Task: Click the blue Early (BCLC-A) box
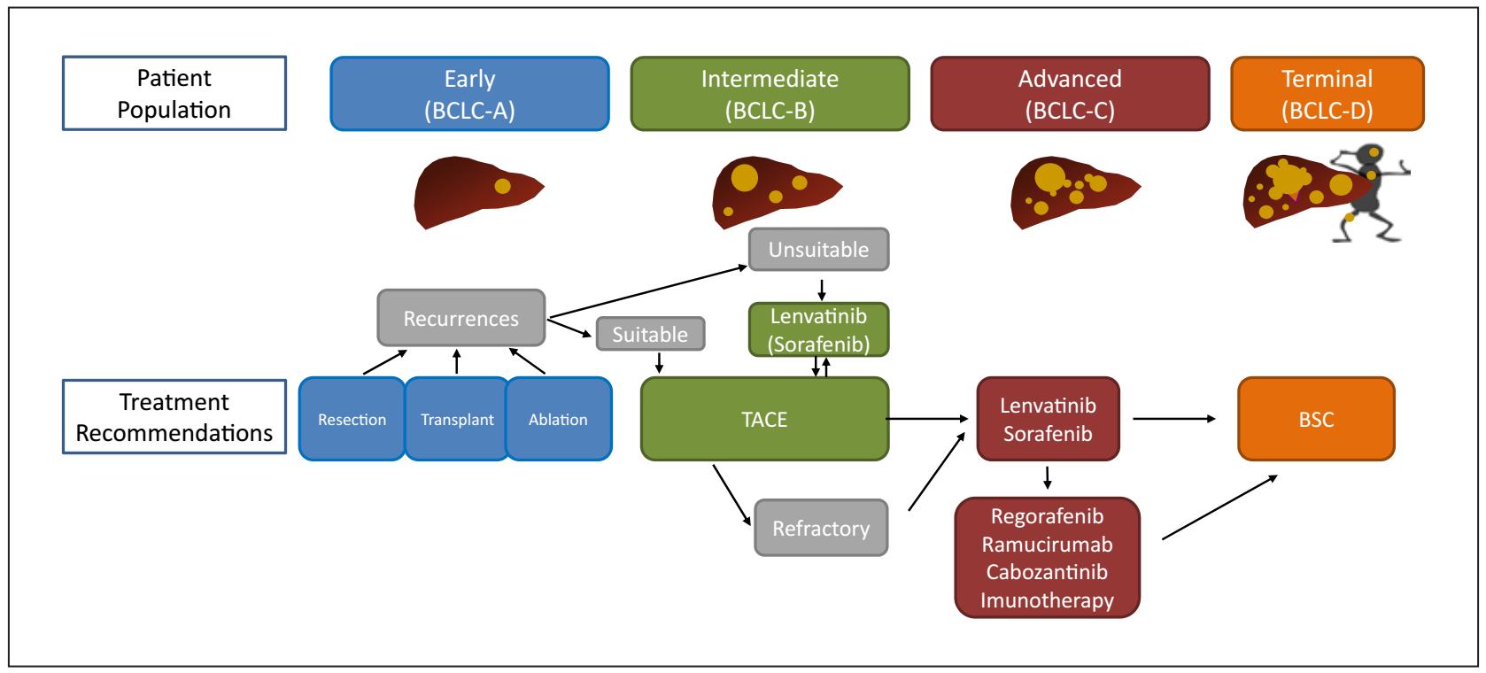coord(469,94)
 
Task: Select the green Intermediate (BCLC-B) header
coord(770,94)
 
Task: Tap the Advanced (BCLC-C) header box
coord(1070,94)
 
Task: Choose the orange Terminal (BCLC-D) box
coord(1327,94)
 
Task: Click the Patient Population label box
coord(174,94)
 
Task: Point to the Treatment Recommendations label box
coord(174,417)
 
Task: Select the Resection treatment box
coord(352,419)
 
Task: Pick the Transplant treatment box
coord(457,419)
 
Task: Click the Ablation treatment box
coord(558,419)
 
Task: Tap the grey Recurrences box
coord(461,318)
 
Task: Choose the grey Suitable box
coord(651,334)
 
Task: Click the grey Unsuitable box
coord(819,250)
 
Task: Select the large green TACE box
coord(764,419)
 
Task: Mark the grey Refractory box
coord(821,529)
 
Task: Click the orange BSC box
coord(1316,419)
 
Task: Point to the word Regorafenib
coord(1047,515)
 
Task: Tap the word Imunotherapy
coord(1047,600)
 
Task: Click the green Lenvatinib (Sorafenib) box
coord(819,330)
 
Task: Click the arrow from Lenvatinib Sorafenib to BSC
coord(1175,419)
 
